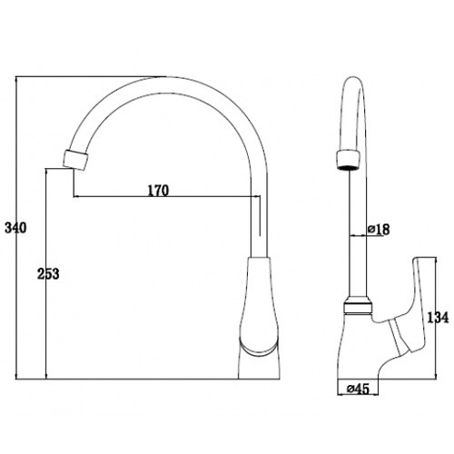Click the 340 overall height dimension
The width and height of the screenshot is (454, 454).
point(15,228)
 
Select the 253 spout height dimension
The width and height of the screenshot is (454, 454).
point(48,274)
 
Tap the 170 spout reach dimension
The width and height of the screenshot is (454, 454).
point(158,191)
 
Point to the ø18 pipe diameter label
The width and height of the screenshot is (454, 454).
point(379,230)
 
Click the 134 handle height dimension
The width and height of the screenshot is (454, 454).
point(438,317)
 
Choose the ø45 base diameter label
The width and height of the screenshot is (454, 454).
point(359,389)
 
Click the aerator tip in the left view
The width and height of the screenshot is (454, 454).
point(75,160)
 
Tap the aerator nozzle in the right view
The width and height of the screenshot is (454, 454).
point(349,160)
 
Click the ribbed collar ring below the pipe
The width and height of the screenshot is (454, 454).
point(358,305)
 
